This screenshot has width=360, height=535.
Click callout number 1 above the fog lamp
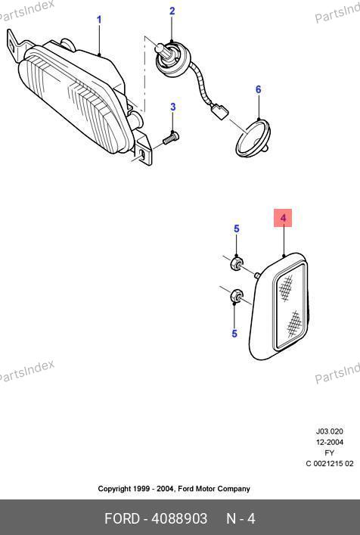(x=99, y=20)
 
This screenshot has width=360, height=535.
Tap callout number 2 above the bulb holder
(x=172, y=11)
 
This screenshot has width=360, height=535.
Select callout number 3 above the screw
(x=173, y=107)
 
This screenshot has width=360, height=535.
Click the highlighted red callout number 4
(x=283, y=218)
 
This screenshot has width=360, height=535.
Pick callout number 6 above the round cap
(x=259, y=89)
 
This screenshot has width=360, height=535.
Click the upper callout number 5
(x=237, y=229)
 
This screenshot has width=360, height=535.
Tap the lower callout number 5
(x=234, y=333)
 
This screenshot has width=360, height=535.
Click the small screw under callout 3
(x=171, y=138)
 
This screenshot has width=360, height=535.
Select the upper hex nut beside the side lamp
(x=237, y=264)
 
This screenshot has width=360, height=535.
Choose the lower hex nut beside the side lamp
(x=236, y=296)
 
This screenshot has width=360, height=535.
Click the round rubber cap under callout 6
(x=253, y=139)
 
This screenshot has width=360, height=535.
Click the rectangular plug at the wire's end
(x=219, y=111)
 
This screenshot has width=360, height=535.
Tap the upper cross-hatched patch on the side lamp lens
(x=286, y=288)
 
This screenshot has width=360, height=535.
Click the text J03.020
(x=329, y=431)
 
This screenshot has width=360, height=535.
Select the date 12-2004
(x=329, y=442)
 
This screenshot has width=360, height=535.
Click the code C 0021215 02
(x=329, y=463)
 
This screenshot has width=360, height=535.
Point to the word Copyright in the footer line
(x=114, y=489)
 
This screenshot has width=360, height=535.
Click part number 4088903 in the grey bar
(x=179, y=518)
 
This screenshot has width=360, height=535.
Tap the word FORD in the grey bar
(x=122, y=518)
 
